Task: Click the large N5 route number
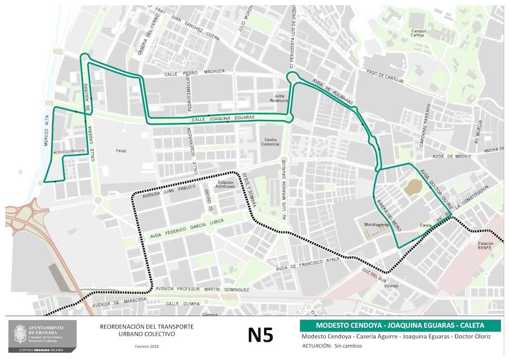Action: (260, 335)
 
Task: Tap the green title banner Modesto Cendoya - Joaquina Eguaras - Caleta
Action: (400, 325)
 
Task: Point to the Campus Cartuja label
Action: (419, 33)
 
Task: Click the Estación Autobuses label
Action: (226, 185)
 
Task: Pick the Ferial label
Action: (121, 151)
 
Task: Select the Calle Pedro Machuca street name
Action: (195, 72)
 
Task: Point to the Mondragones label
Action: (376, 225)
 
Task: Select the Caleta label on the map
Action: (426, 225)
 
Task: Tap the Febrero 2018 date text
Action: (146, 346)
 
